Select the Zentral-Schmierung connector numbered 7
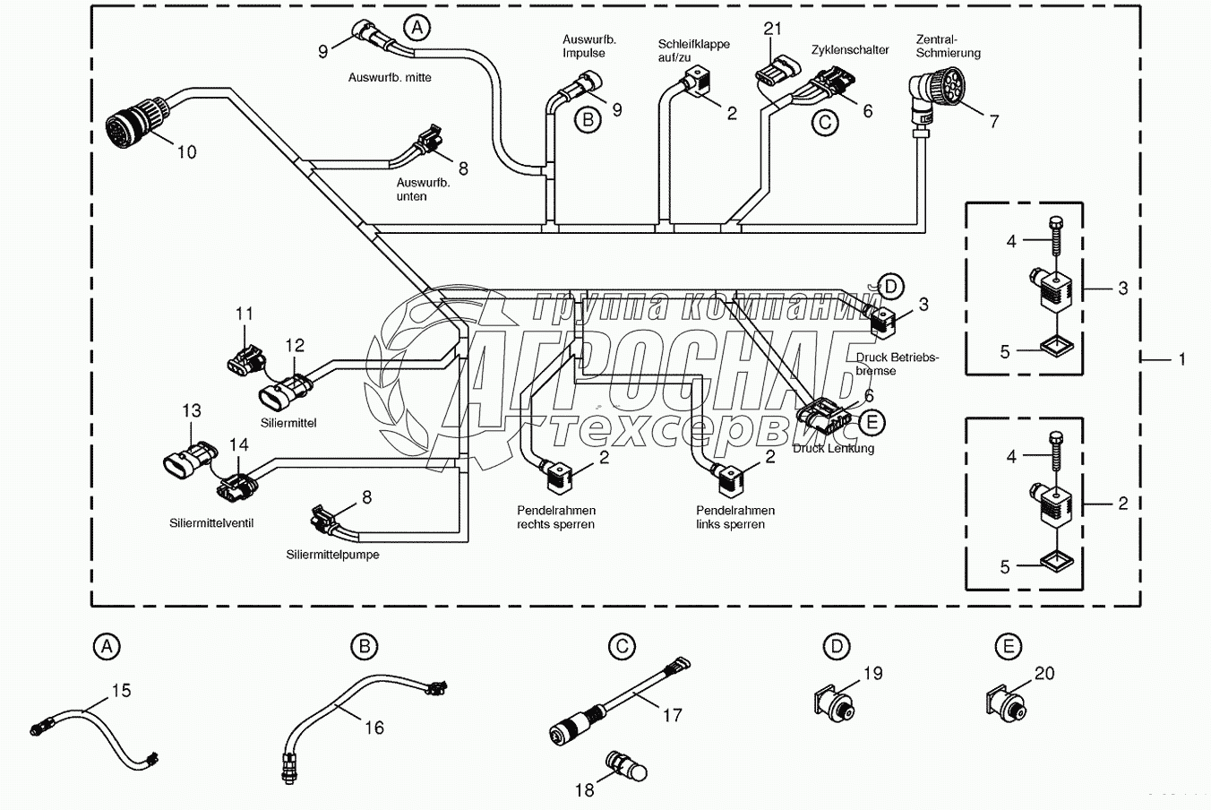(931, 93)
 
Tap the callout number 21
(773, 29)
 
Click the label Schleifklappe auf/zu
(693, 51)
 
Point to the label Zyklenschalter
(850, 50)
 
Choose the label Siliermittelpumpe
(332, 555)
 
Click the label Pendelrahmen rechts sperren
(555, 517)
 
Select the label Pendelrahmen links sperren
(734, 517)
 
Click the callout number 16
(374, 728)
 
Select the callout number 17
(672, 714)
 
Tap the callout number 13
(192, 410)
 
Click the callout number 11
(245, 314)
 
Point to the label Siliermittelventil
(211, 522)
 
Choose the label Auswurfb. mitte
(390, 77)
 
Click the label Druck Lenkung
(833, 448)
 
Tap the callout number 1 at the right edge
(1182, 359)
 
